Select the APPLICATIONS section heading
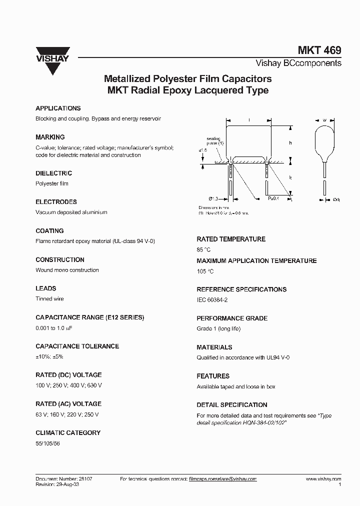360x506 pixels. [x=58, y=108]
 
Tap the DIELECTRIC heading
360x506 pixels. [x=54, y=173]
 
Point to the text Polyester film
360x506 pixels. [x=52, y=183]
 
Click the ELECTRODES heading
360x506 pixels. [x=56, y=202]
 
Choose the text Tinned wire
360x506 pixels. [x=49, y=299]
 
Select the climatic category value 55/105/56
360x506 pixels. [x=50, y=443]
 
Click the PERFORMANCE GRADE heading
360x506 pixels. [x=232, y=318]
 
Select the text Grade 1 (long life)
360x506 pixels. [x=218, y=329]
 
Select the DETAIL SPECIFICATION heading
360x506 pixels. [x=232, y=405]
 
